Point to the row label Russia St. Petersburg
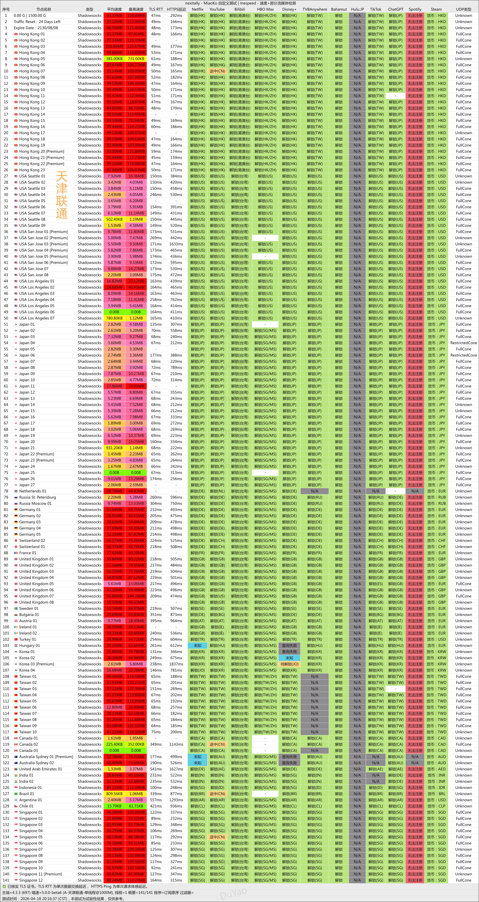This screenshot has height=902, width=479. pos(37,497)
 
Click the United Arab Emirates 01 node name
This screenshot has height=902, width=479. pos(41,769)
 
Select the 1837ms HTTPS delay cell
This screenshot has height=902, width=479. pos(176,664)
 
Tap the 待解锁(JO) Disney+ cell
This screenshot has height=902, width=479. pos(289,664)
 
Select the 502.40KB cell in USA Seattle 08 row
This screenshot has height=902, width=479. pos(114,219)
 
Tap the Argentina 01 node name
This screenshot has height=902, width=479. pos(30,800)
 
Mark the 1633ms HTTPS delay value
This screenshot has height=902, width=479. pos(176,244)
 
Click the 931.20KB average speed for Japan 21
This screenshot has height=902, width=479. pos(114,448)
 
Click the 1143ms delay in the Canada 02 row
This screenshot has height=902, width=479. pos(176,744)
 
